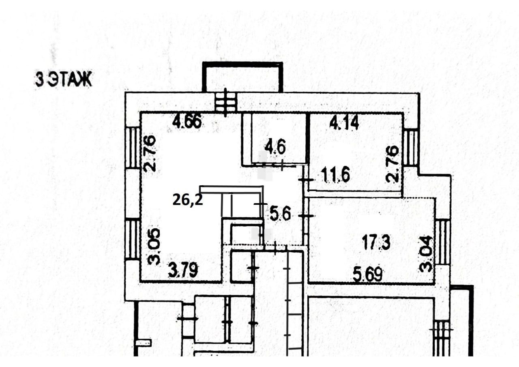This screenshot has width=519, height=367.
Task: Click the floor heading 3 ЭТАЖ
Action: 64,80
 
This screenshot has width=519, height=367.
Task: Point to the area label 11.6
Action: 335,176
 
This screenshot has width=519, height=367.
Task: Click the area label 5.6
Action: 280,214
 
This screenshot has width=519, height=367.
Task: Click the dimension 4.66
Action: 187,122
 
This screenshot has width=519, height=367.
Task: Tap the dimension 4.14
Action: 344,122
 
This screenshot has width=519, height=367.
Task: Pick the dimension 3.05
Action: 154,247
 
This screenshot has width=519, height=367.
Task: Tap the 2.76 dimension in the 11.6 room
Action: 393,164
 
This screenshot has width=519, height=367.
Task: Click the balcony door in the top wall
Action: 226,101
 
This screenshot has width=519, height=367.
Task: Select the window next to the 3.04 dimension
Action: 442,242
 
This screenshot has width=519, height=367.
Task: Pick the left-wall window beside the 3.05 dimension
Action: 132,239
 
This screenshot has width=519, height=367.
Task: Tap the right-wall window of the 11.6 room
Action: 411,148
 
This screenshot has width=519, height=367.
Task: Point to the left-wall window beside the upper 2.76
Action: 132,148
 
